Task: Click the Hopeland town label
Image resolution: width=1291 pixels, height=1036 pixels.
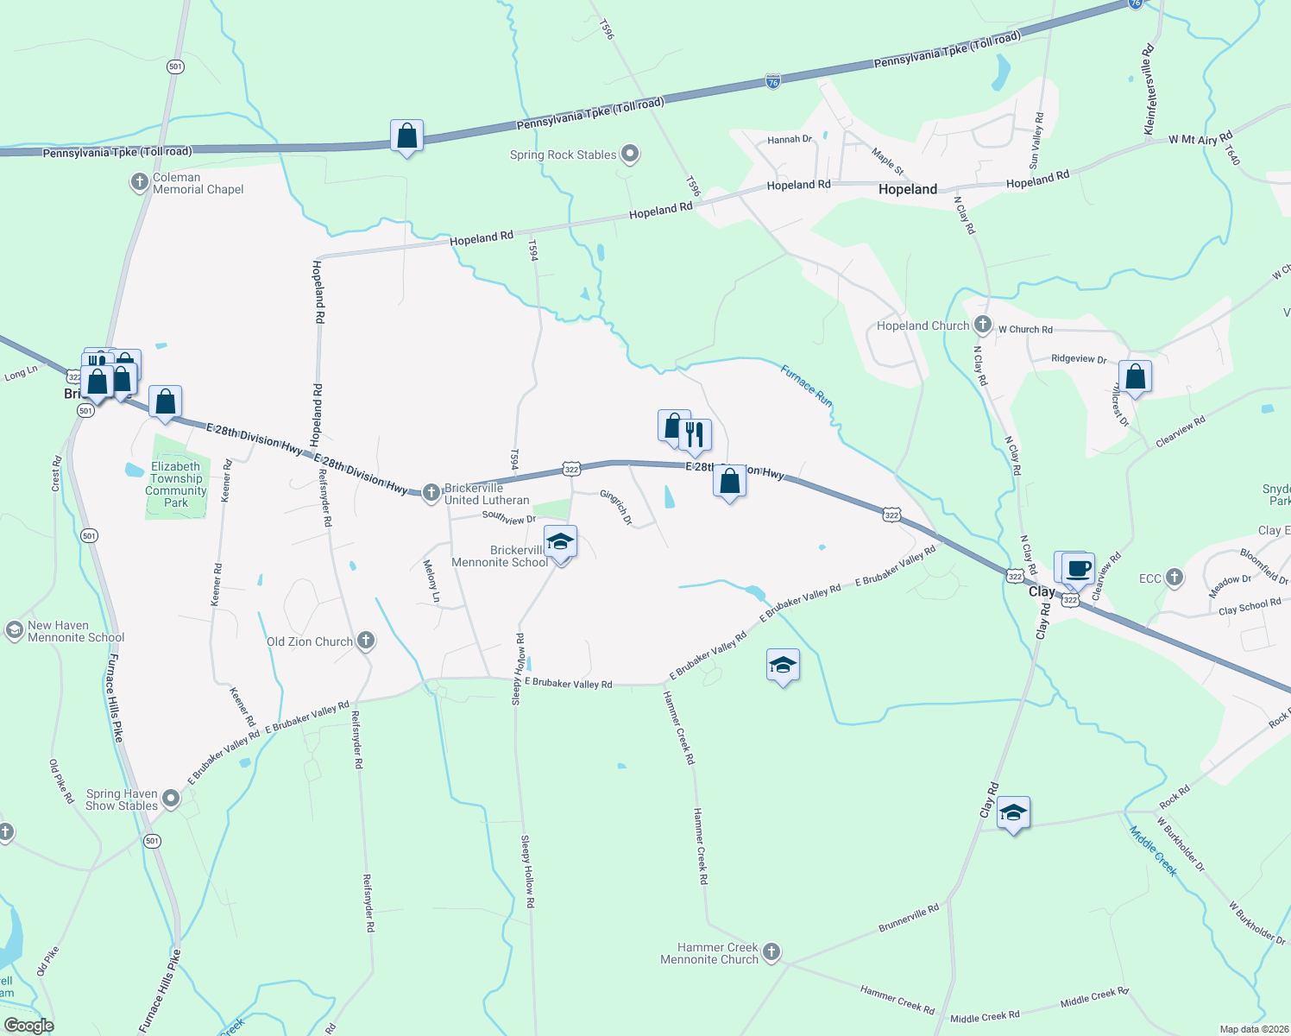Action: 907,189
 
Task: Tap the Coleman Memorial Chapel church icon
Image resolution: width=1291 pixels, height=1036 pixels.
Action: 139,182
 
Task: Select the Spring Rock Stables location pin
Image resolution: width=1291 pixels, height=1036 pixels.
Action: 630,155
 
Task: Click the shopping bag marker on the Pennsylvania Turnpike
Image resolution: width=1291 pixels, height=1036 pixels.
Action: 406,136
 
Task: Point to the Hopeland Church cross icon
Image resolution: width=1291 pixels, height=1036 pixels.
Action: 982,325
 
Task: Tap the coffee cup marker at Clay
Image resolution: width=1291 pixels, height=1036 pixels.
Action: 1078,569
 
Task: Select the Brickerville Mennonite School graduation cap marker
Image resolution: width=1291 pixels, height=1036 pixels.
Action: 561,543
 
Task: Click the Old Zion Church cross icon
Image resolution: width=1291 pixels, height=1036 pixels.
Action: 366,641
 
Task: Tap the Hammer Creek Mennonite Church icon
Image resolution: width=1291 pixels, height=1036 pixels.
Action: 771,952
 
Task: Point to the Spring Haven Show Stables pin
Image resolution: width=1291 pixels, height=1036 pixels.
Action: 171,799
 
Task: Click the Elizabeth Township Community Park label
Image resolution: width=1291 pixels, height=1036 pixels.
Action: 176,484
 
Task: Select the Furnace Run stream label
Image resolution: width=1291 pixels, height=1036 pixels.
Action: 807,386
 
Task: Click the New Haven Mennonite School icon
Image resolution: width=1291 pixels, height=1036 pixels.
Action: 14,630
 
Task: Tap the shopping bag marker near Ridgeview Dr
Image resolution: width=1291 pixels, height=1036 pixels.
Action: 1135,377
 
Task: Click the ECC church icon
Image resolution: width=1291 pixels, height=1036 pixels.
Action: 1174,578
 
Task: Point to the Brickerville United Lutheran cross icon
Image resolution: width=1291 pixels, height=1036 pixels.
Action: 431,493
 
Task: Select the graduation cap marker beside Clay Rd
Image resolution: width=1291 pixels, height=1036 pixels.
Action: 1013,813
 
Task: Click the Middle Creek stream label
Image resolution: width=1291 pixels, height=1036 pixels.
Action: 1154,850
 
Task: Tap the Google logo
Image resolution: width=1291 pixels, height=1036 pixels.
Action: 29,1026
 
